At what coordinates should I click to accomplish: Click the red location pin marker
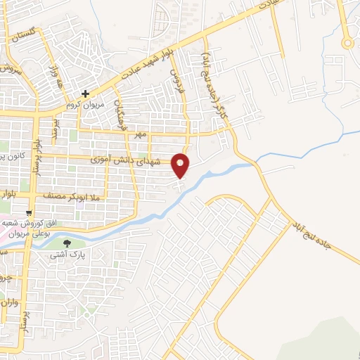click(x=181, y=165)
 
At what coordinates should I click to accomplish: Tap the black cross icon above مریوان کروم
click(x=85, y=93)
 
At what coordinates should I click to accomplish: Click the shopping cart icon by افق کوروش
click(x=28, y=212)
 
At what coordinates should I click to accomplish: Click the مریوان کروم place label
click(x=86, y=104)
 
